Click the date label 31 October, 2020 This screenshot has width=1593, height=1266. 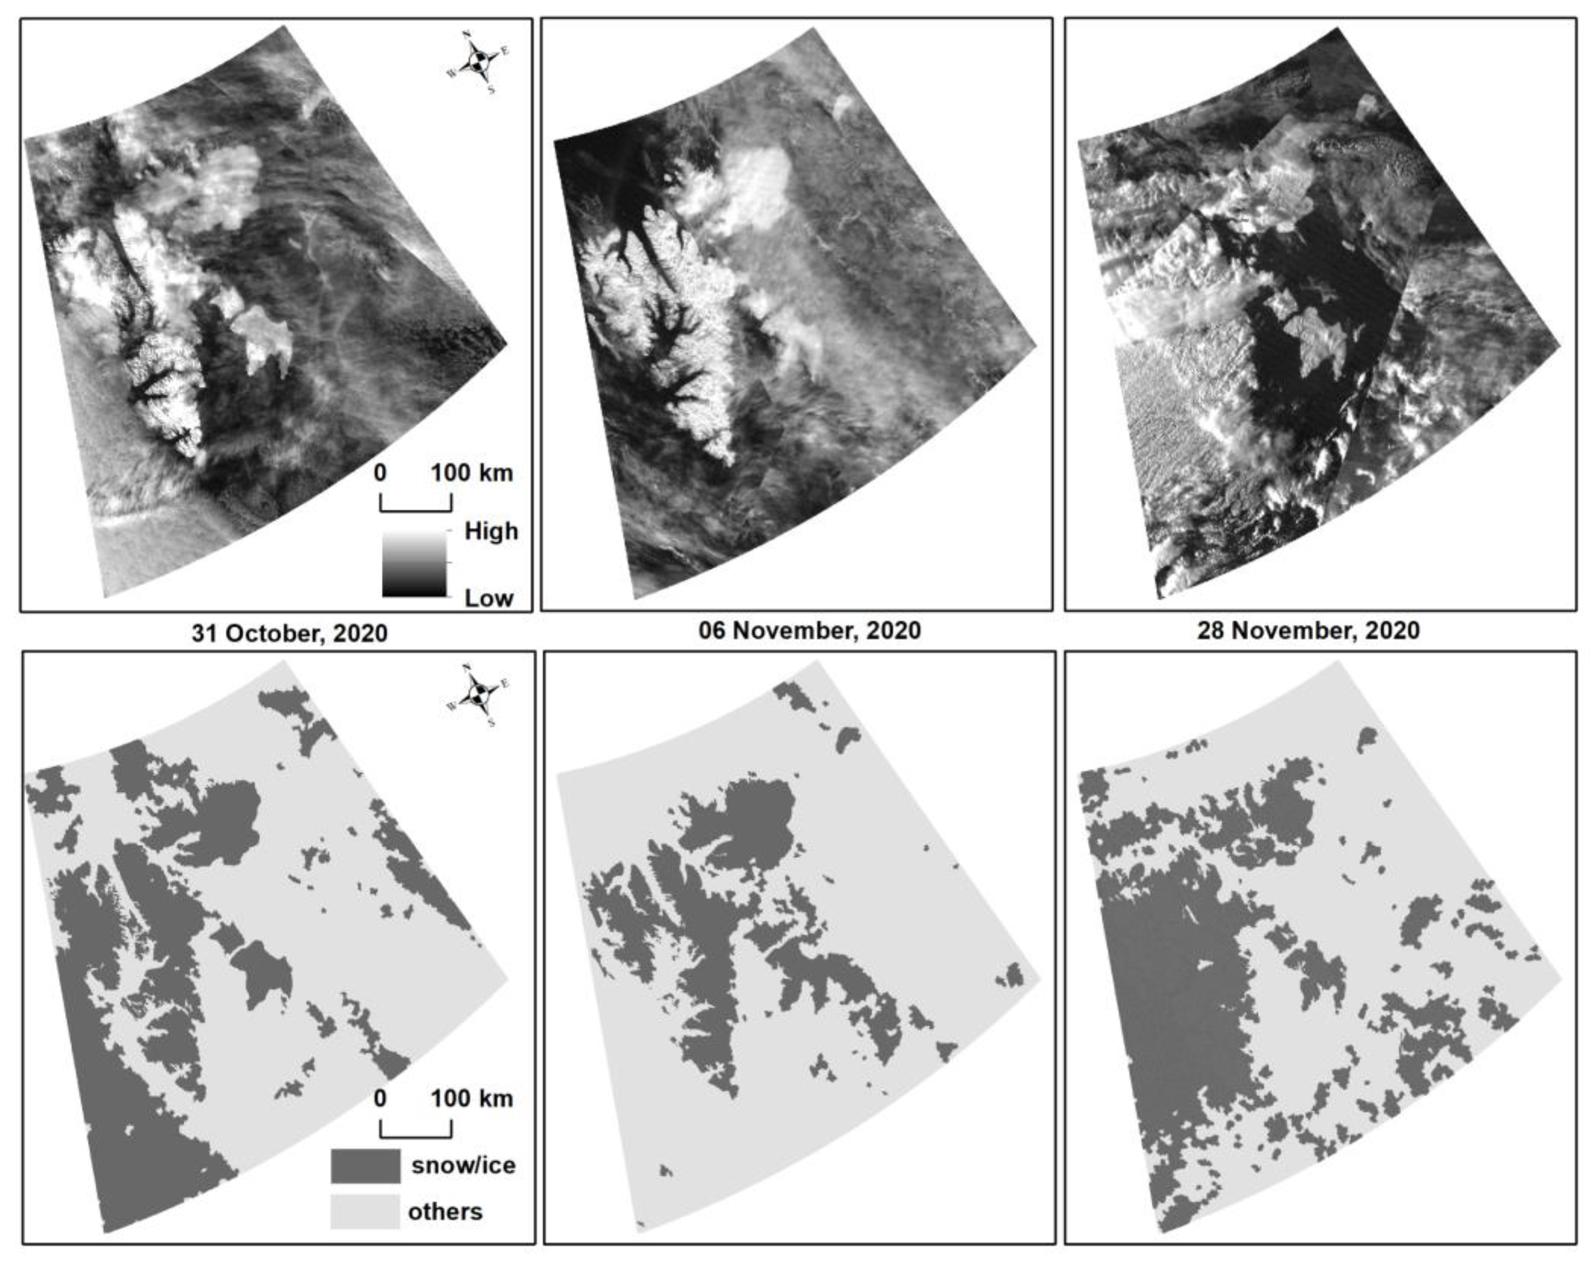tap(289, 633)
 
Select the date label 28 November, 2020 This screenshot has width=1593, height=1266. tap(1308, 630)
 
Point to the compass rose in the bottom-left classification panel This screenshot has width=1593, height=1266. tap(479, 695)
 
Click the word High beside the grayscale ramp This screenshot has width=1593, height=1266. tap(491, 531)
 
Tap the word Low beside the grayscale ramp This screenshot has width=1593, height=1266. tap(488, 598)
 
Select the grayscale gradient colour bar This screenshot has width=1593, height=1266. tap(415, 565)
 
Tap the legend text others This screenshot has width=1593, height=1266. tap(445, 1212)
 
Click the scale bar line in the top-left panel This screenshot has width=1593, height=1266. tap(415, 509)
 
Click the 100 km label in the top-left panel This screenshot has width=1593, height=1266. tap(472, 473)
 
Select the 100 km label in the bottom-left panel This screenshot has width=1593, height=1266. tap(472, 1099)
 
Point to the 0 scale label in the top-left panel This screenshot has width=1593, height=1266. tap(380, 473)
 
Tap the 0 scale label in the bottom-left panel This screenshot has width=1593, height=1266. tap(380, 1099)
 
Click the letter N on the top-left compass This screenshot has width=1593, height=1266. tap(466, 34)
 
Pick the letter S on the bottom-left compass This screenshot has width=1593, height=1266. tap(491, 723)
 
